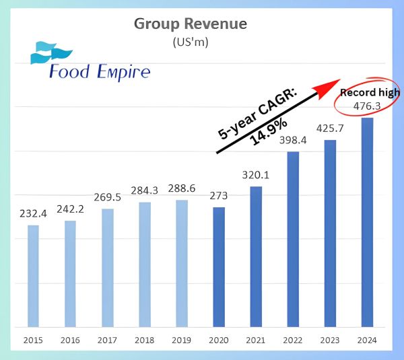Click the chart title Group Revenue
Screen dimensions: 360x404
(x=191, y=24)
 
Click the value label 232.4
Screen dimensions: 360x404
(x=33, y=215)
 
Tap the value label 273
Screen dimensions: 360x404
(x=219, y=196)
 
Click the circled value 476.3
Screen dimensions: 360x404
(x=367, y=106)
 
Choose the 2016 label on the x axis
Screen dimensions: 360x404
(x=70, y=340)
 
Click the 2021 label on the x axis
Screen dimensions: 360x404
(x=256, y=340)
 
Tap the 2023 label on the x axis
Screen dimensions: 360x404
(x=331, y=340)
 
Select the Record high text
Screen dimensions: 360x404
(x=370, y=92)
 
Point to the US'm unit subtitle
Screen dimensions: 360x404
(x=191, y=42)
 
